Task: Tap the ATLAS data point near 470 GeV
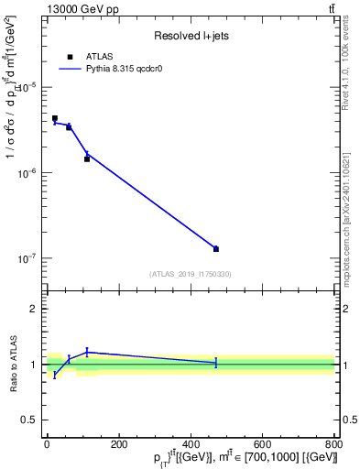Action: coord(216,249)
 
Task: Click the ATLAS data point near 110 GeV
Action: coord(87,159)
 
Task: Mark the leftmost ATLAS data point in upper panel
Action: coord(55,118)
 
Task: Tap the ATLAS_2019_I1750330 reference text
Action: coord(190,274)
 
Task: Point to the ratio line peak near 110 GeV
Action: coord(87,352)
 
